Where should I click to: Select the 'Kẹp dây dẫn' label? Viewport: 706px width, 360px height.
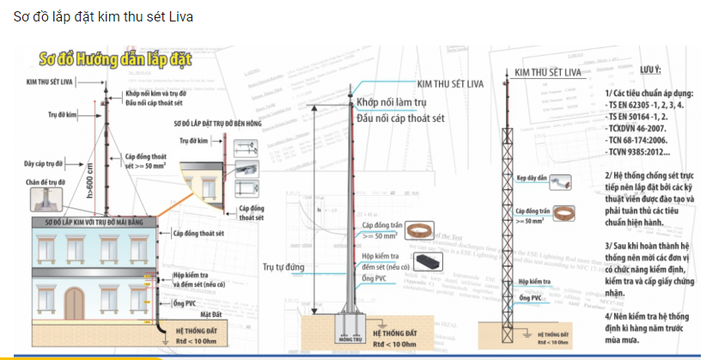532,179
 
